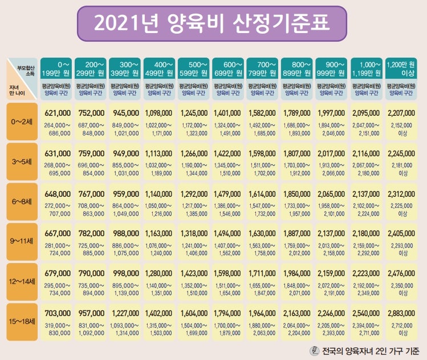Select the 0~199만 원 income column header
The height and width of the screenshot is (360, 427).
[56, 68]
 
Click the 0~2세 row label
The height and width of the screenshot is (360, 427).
[22, 122]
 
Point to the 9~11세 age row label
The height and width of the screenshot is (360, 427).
[22, 241]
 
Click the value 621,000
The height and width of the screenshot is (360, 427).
[57, 113]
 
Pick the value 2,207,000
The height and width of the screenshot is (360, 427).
[401, 113]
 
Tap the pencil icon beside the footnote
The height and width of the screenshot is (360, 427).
[314, 350]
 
